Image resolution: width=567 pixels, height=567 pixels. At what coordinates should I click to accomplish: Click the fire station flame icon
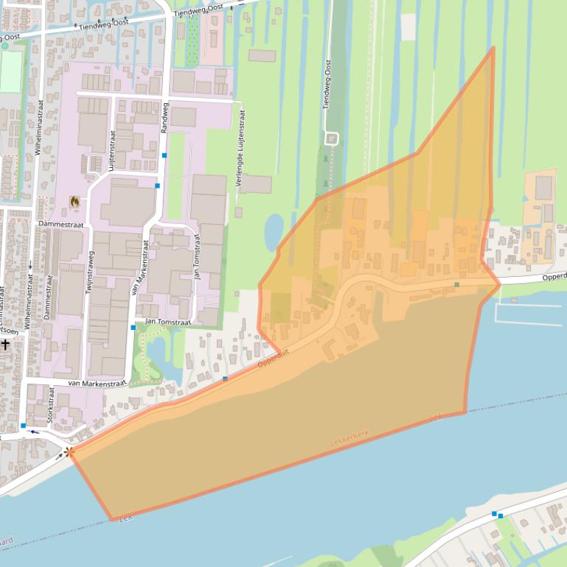(x=74, y=200)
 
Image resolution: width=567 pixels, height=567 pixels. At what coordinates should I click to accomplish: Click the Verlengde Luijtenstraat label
(x=240, y=148)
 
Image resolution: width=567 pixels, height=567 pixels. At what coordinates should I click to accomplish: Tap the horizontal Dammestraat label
(x=63, y=224)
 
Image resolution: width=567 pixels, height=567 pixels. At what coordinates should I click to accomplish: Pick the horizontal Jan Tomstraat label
(x=168, y=322)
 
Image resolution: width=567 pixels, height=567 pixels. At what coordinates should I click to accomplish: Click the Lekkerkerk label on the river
(x=349, y=437)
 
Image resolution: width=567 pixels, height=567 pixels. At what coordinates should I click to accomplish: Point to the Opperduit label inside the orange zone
(x=274, y=359)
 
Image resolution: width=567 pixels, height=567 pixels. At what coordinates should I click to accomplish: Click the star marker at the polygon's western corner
(x=69, y=451)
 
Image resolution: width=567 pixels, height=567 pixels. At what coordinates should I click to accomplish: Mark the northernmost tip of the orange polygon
(x=493, y=49)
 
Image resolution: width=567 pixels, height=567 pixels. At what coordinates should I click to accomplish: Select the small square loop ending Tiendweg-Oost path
(x=331, y=138)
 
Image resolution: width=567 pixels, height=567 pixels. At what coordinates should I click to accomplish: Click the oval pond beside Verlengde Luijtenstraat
(x=274, y=230)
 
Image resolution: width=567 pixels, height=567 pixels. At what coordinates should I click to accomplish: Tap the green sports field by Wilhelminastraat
(x=10, y=71)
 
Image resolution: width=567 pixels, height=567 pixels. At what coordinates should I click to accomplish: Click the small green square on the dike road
(x=456, y=284)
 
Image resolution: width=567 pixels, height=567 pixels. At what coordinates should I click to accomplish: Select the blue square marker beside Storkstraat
(x=24, y=426)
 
